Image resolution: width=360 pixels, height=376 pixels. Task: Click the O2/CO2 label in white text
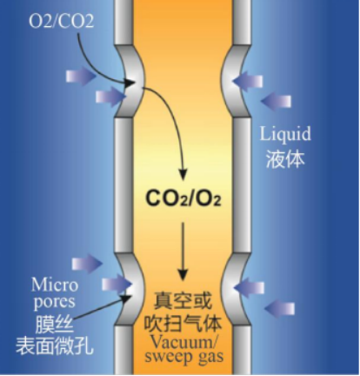coord(62,21)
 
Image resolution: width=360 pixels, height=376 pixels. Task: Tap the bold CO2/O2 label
coord(183,199)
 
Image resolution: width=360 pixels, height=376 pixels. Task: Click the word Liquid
coord(285,134)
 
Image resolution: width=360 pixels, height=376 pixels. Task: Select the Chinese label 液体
coord(285,158)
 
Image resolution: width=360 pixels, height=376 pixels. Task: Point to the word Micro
coord(55,285)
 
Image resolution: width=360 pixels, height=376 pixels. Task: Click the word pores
coord(55,303)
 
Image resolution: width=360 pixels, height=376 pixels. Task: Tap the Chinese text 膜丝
coord(55,325)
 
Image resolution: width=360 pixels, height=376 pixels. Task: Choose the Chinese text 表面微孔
coord(55,346)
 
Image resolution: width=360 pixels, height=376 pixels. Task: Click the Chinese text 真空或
coord(183,301)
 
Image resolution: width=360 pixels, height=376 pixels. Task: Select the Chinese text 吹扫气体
coord(183,323)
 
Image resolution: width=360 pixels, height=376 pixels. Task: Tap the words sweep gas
coord(184,357)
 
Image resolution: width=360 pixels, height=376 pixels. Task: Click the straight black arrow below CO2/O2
coord(183,252)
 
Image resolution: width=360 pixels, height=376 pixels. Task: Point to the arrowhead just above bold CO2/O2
coord(183,175)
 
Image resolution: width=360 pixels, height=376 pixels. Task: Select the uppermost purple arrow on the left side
coord(81,77)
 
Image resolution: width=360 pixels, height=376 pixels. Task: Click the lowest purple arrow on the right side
coord(279,309)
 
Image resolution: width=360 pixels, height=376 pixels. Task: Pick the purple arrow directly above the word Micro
coord(87,264)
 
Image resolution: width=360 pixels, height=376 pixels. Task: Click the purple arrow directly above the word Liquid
coord(276,101)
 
